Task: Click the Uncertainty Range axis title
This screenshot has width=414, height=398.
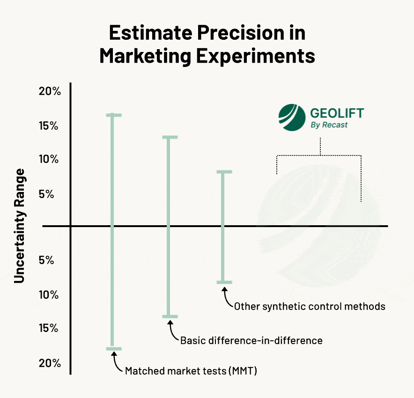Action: click(19, 225)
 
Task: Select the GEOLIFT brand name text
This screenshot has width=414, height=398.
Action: click(337, 113)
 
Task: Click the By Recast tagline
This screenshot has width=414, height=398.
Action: click(329, 125)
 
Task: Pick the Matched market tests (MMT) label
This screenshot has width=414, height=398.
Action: click(191, 371)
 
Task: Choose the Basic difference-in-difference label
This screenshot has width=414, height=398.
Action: click(251, 340)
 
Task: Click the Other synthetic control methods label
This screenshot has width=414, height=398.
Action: click(310, 307)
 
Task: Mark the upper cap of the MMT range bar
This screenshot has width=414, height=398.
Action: click(113, 115)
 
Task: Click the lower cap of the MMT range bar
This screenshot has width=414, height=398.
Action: click(113, 348)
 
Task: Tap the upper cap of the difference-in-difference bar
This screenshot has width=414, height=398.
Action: click(169, 137)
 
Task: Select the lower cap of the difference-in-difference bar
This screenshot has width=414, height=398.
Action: click(169, 317)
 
